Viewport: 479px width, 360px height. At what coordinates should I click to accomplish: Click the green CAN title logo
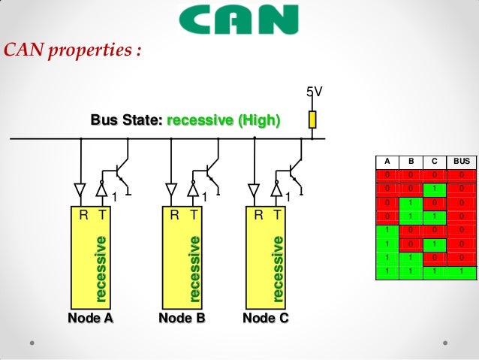click(239, 20)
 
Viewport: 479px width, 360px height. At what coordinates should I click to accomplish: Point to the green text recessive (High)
click(223, 119)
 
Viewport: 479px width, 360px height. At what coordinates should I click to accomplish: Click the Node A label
click(90, 318)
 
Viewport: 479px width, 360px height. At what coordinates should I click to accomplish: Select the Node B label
click(182, 318)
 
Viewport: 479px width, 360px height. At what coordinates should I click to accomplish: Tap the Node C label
click(265, 318)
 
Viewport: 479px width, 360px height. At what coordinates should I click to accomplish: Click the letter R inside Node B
click(174, 215)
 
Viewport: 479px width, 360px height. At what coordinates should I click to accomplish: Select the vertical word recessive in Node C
click(278, 268)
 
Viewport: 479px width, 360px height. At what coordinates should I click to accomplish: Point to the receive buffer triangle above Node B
click(171, 188)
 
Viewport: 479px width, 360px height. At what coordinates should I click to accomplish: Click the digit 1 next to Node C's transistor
click(288, 197)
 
